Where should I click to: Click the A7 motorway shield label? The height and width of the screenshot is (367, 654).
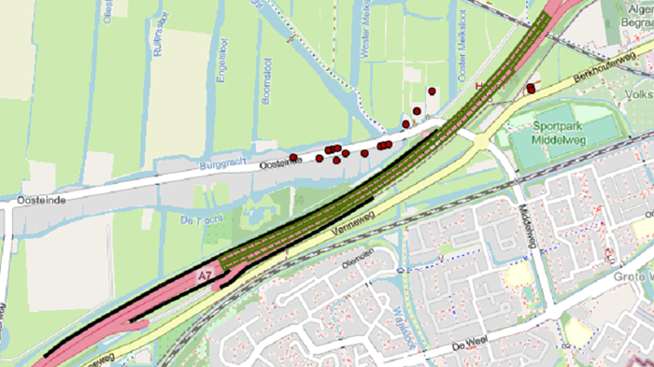click(205, 277)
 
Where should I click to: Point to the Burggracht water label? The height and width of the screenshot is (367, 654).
click(222, 162)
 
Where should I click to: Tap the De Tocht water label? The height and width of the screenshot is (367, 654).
click(195, 220)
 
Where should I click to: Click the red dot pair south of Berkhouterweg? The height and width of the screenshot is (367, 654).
click(531, 89)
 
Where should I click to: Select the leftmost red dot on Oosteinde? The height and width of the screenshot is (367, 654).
click(293, 157)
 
